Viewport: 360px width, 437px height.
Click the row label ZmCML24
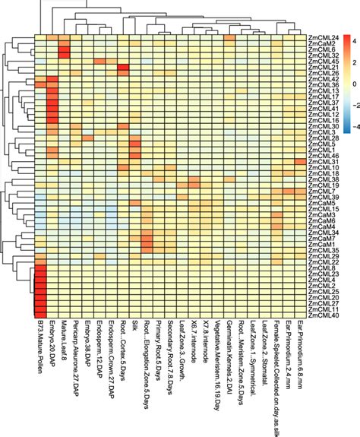coord(322,36)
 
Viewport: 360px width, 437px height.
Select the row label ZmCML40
coord(322,315)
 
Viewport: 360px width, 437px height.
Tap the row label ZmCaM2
coord(321,43)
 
